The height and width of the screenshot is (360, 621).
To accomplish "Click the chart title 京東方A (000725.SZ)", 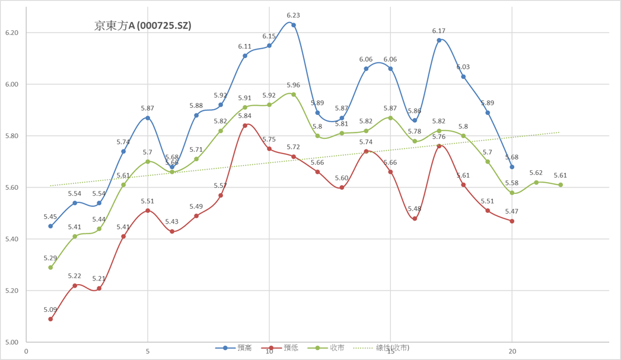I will point(142,26).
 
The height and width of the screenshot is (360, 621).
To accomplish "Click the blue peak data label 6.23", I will point(293,15).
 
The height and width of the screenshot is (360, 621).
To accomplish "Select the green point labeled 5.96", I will point(294,94).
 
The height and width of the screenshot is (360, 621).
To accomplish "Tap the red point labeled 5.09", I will point(50,319).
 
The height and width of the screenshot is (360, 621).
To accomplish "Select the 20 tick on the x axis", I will point(512,351).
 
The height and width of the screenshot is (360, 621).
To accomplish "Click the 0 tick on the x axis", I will point(26,351).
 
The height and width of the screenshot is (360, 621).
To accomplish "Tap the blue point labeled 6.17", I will point(439,40).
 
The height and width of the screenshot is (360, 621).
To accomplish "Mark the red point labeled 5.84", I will point(245,125).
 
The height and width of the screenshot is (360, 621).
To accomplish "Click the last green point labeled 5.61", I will point(561,185).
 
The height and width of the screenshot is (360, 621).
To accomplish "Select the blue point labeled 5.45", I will point(50,226).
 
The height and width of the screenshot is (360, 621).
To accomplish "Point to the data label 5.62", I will point(536,173).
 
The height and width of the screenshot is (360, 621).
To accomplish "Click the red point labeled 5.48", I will point(415,218).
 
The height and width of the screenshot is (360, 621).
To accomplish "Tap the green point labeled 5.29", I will point(50,267).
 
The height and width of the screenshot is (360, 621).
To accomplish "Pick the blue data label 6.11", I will point(245,46).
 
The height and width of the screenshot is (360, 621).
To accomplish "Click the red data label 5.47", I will point(512,212).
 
